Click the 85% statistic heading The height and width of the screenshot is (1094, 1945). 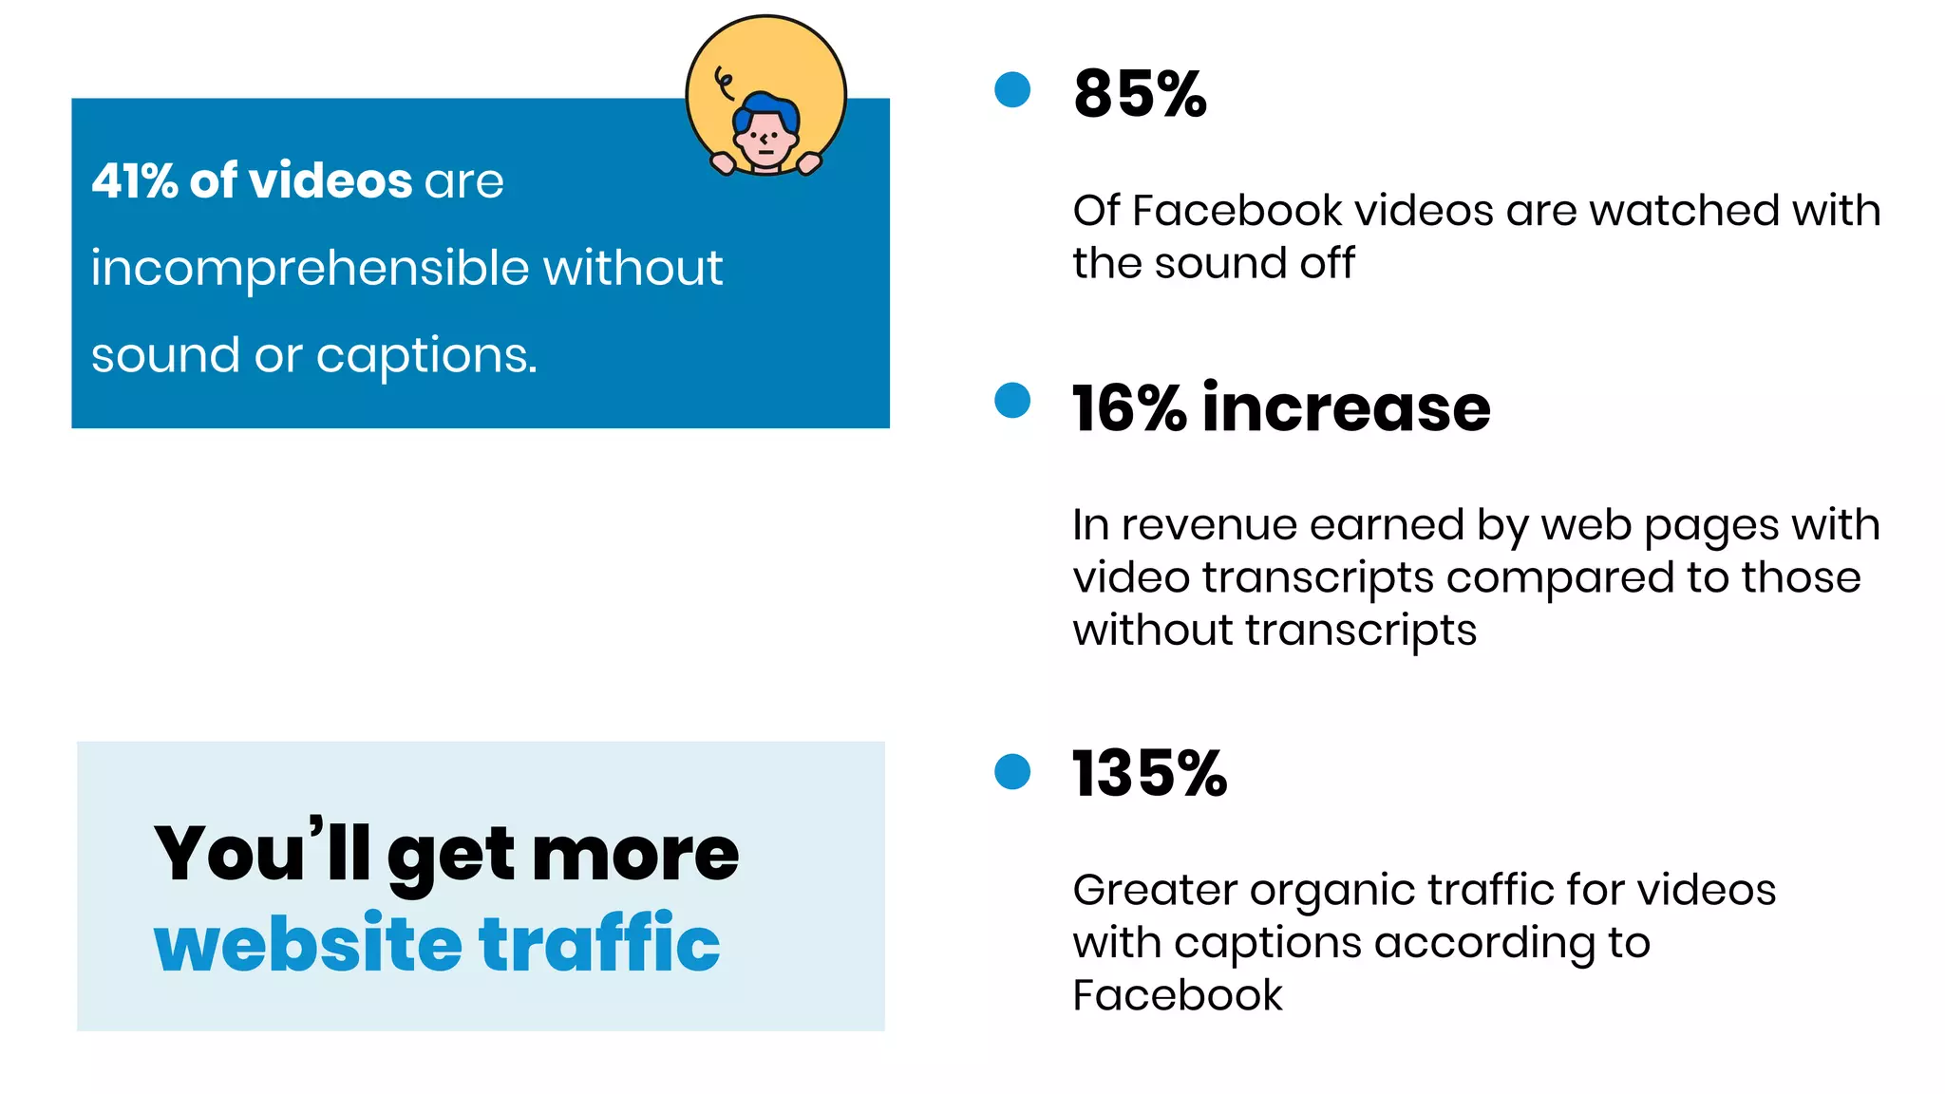(1140, 94)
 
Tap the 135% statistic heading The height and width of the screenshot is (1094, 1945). (1149, 773)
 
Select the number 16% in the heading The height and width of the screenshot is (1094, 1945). (1129, 408)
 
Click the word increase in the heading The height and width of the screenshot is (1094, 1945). (1346, 408)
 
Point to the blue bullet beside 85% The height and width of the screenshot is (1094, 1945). (1012, 90)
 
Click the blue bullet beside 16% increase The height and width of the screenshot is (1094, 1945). (1012, 400)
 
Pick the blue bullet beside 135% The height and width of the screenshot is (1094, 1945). (1012, 771)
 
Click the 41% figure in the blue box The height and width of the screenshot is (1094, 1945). (133, 180)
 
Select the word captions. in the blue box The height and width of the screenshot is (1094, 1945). (426, 355)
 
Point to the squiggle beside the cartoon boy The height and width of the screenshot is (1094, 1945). (724, 83)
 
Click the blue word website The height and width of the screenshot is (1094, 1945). (308, 944)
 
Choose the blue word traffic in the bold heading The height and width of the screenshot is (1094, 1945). (599, 944)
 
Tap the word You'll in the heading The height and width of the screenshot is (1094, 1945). (262, 853)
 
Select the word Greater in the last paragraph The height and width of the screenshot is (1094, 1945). (1154, 890)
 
